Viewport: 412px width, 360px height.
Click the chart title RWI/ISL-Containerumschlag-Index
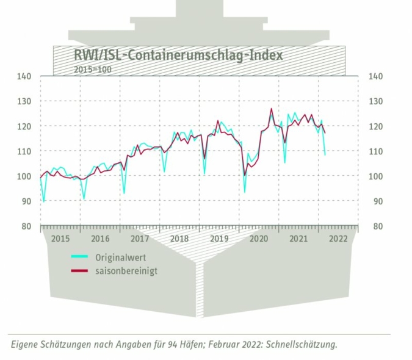178,56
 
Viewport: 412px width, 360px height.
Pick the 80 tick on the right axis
374,226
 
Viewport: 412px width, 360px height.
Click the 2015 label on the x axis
60,238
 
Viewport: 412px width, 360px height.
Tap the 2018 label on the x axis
179,238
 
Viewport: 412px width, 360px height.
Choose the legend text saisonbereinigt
126,270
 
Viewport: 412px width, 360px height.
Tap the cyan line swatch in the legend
80,257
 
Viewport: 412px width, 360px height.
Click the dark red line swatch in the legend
80,270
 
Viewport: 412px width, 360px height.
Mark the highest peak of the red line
271,109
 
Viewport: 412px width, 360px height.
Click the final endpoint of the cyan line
325,155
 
